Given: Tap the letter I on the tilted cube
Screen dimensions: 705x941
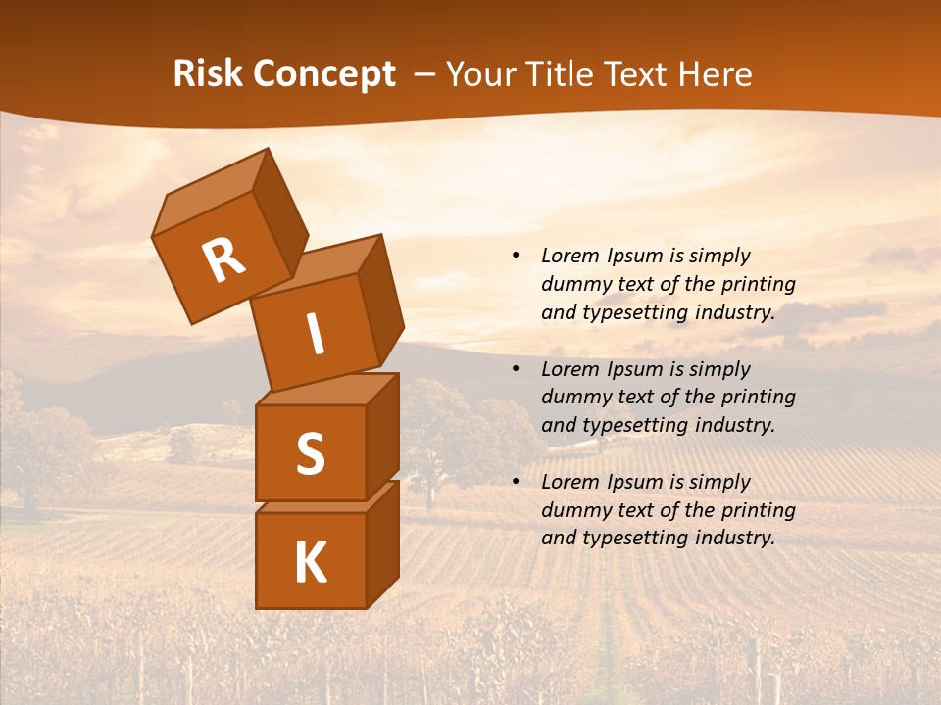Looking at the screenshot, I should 315,334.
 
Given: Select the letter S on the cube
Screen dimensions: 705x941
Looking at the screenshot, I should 310,453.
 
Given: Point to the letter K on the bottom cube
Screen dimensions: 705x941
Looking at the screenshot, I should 310,563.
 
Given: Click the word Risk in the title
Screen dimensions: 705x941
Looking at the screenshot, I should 207,74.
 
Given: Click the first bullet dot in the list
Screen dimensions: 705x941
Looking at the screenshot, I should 515,256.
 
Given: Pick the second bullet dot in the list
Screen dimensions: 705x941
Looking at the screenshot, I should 515,369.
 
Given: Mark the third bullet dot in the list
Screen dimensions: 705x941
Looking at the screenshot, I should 515,482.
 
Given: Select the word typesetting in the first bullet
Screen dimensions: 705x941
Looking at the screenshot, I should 627,313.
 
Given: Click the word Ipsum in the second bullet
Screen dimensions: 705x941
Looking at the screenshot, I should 635,369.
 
